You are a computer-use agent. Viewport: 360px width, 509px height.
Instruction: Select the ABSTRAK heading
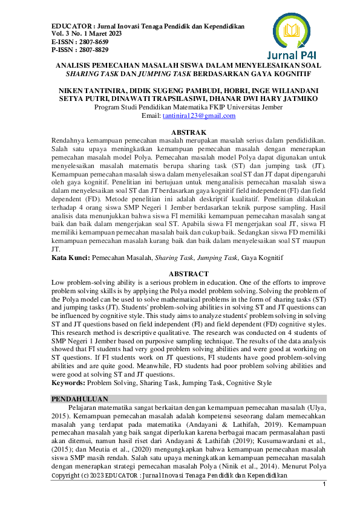[180, 132]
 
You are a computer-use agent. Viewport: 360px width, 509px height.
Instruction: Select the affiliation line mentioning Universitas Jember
[180, 107]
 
